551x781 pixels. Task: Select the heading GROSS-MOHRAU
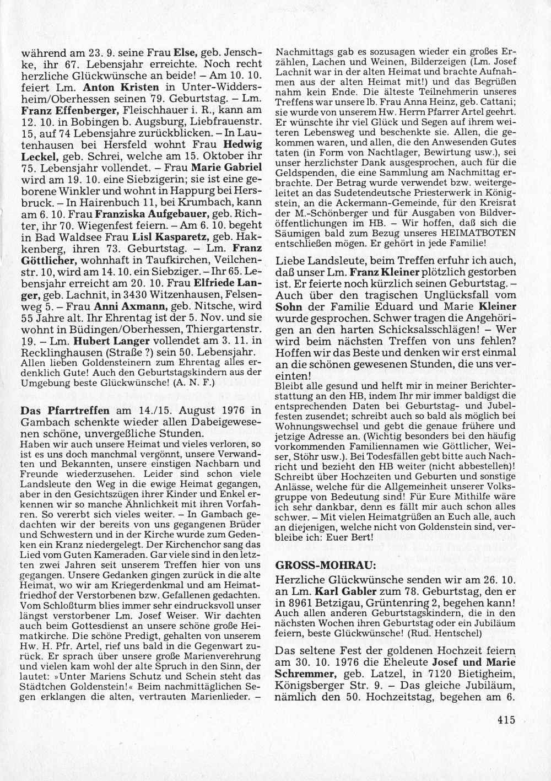(x=311, y=565)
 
